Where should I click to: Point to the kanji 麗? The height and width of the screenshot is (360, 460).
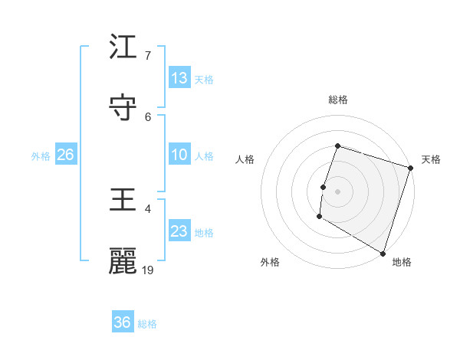point(123,261)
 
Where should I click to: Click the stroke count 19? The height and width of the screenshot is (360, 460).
point(149,270)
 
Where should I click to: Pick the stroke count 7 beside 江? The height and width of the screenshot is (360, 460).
point(148,56)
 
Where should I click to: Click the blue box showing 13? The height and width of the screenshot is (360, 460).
point(179,78)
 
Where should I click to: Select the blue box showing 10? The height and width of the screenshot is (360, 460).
point(179,155)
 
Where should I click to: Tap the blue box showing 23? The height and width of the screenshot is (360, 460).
point(179,231)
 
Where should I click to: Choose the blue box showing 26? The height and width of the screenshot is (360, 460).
point(66,155)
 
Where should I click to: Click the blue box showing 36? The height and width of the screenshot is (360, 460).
point(123,322)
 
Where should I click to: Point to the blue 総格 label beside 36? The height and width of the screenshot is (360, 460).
point(148,324)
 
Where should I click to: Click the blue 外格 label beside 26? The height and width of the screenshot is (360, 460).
point(41,156)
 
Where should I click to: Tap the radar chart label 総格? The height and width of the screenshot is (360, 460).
point(338,100)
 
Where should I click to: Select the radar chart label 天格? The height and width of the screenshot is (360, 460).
point(431,159)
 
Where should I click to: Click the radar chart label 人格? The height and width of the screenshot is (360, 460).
point(245,159)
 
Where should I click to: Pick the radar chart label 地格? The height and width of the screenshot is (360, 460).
point(402,262)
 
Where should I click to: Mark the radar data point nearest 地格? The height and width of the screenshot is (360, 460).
point(383,252)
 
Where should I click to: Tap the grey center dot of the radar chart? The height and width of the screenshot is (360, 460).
point(338,191)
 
